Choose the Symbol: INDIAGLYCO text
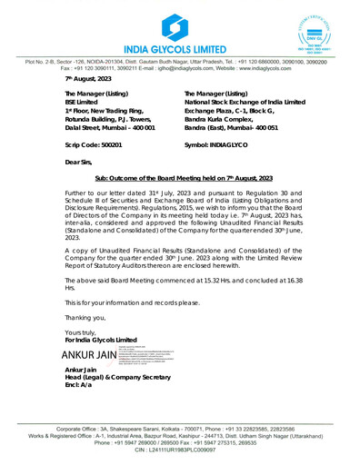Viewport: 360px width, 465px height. pos(220,143)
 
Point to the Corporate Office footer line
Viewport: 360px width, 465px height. pos(180,427)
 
